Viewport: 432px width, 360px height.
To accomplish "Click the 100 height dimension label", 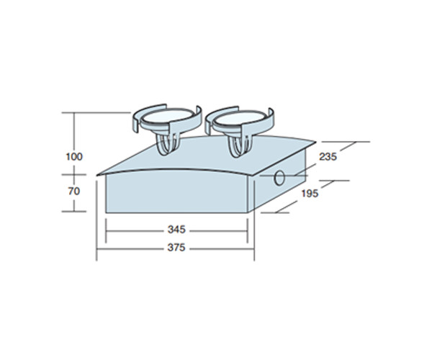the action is click(74, 157).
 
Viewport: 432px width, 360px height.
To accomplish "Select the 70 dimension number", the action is click(74, 191).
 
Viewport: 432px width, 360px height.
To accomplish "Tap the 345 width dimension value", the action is click(176, 230).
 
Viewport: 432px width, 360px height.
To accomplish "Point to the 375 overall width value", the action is click(176, 248).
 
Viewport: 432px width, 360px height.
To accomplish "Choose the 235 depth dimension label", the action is click(328, 157).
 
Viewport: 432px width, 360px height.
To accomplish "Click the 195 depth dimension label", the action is click(310, 194).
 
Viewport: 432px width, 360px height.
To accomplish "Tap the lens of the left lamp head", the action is click(166, 118).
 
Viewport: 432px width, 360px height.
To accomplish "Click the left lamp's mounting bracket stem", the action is click(167, 145).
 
